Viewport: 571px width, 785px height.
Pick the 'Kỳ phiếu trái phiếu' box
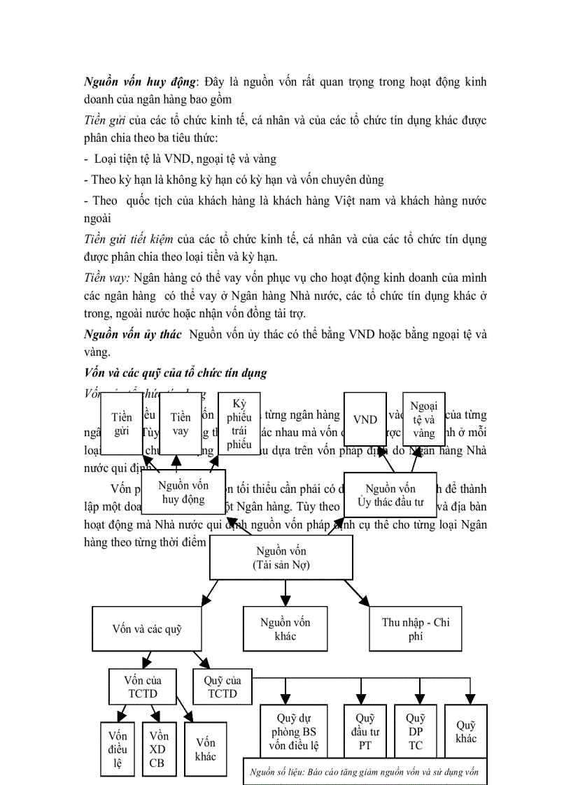(239, 424)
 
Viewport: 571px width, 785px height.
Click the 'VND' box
(365, 419)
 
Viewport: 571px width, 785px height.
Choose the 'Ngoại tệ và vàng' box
(423, 419)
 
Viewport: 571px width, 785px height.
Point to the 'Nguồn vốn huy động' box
(183, 492)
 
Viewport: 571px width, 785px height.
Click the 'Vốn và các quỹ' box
(147, 628)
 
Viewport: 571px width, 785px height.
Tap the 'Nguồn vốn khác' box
(285, 628)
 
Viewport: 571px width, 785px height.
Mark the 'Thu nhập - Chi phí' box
(416, 628)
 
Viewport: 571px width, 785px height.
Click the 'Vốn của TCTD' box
(143, 686)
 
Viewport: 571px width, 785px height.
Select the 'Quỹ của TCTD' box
(222, 686)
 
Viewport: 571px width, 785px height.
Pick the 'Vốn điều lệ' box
(118, 749)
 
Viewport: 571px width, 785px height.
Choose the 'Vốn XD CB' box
(158, 749)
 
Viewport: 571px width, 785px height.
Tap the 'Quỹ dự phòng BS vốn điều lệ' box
(293, 731)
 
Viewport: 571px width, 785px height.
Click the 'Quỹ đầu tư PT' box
(365, 731)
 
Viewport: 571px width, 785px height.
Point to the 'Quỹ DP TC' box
(416, 731)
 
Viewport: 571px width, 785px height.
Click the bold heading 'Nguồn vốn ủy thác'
(132, 334)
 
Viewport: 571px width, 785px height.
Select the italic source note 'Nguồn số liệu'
(364, 772)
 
